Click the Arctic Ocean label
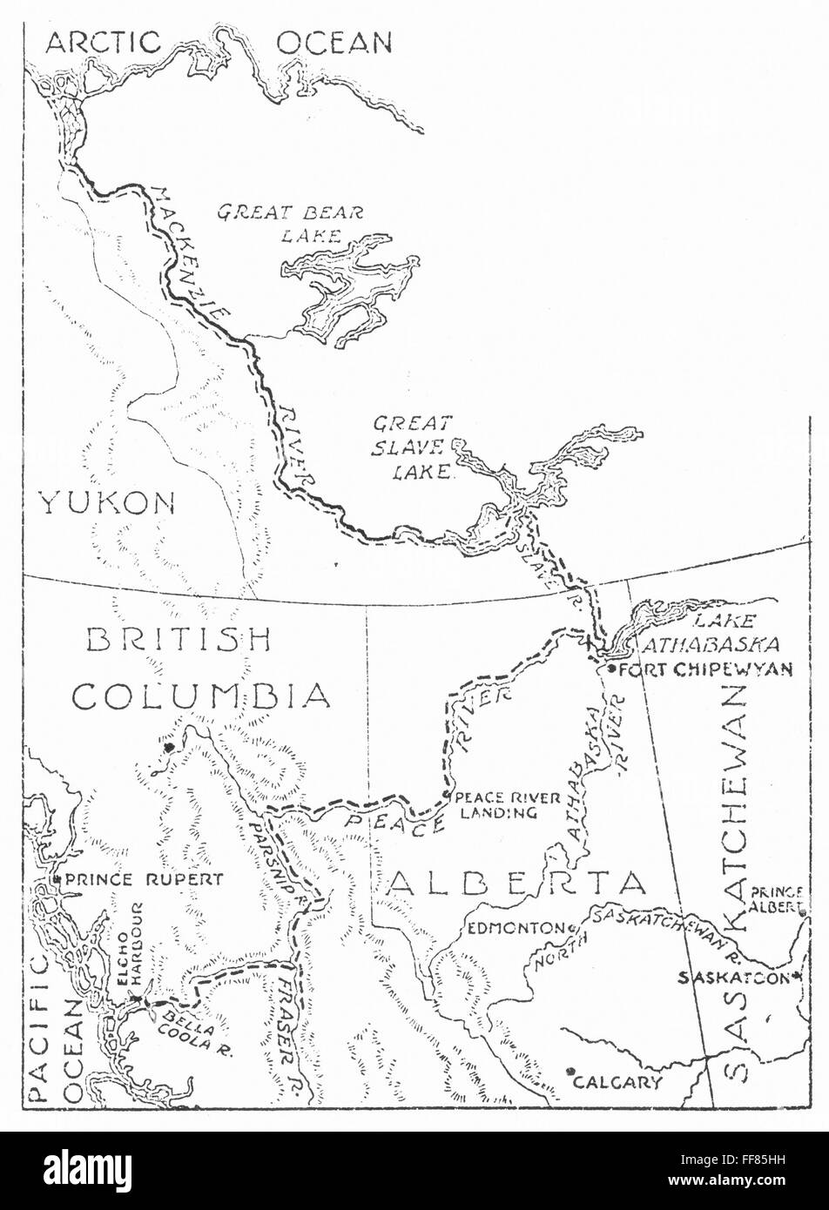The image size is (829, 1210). point(218,42)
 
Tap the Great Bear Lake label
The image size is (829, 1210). point(290,223)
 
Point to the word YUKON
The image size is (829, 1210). point(106,502)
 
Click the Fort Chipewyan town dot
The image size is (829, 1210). point(611,669)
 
